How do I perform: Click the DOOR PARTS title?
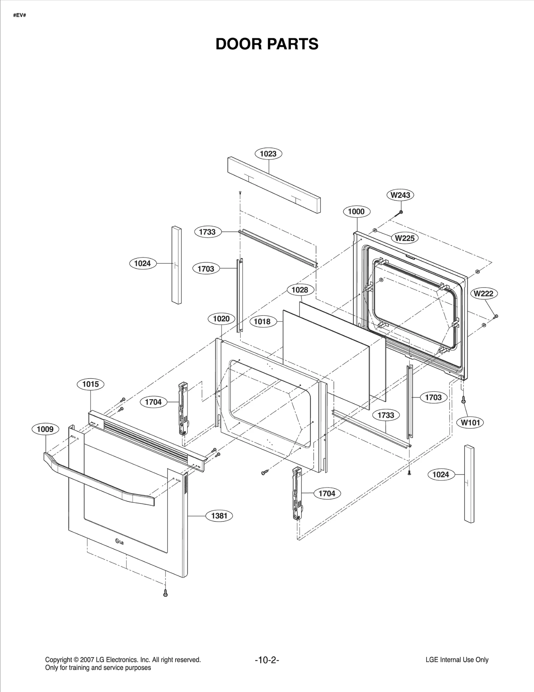pos(267,44)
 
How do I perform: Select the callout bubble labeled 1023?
pos(268,154)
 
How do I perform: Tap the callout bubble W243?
pos(400,195)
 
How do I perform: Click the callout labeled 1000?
pos(356,212)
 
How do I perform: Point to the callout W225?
pos(405,238)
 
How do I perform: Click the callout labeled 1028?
pos(300,290)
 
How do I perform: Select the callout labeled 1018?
pos(262,321)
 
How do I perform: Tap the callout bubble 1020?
pos(221,319)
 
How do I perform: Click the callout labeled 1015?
pos(90,384)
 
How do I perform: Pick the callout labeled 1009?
pos(45,429)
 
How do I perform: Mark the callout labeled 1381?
pos(219,516)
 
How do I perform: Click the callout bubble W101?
pos(470,423)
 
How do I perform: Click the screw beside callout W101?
pos(463,400)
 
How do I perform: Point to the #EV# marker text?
pos(20,15)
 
